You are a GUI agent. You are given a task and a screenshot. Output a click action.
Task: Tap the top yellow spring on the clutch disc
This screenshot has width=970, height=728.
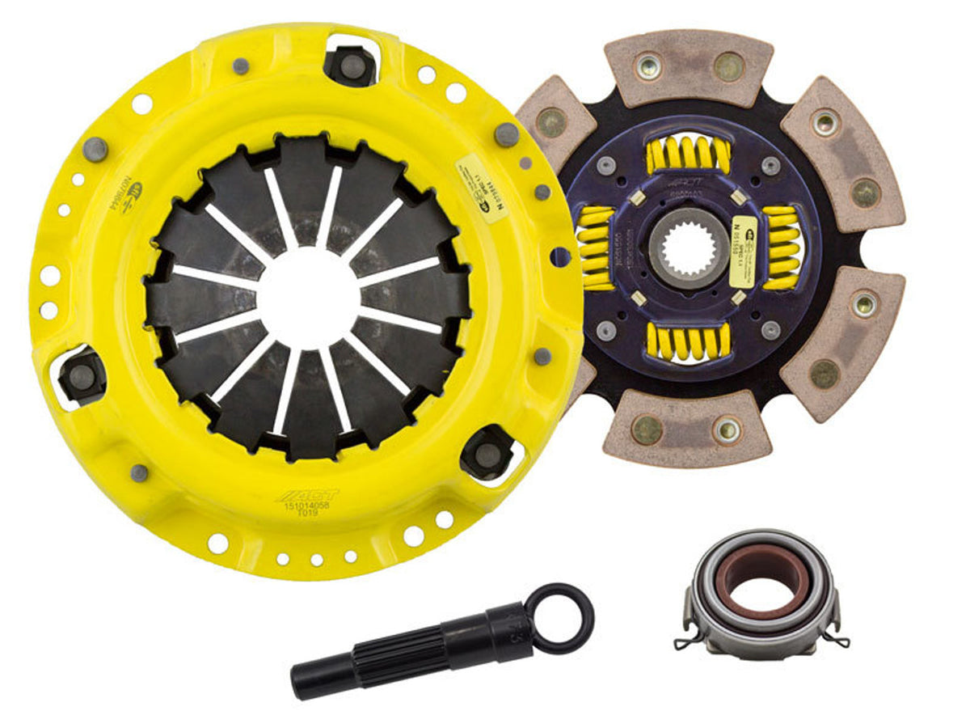pyautogui.click(x=689, y=154)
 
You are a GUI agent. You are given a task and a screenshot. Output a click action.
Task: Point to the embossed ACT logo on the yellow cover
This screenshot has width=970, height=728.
pyautogui.click(x=307, y=494)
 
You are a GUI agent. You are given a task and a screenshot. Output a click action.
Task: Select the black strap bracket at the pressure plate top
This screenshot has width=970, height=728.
pyautogui.click(x=351, y=65)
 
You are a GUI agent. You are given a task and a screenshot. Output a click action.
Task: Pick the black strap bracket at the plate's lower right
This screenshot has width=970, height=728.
pyautogui.click(x=487, y=453)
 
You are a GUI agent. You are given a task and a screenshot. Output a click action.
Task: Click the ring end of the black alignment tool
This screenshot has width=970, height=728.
pyautogui.click(x=559, y=618)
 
